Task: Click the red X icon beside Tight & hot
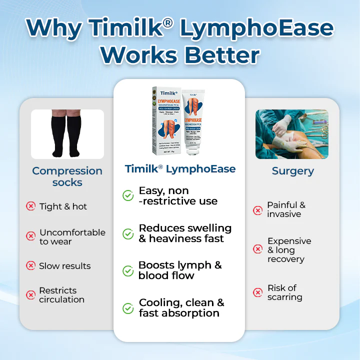(31, 206)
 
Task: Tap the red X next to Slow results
(31, 266)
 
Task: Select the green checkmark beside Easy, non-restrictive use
(128, 195)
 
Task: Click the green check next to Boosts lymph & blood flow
(128, 270)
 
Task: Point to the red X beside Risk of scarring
(258, 292)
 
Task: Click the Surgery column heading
(292, 171)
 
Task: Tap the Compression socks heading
(67, 176)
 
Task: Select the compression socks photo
(67, 134)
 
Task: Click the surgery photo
(292, 134)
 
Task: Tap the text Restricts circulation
(61, 295)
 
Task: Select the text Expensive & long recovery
(289, 250)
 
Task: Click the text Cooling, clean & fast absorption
(181, 308)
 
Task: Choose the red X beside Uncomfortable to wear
(31, 236)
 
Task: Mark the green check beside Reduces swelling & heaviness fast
(128, 233)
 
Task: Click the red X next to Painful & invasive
(258, 210)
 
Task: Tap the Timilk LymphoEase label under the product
(180, 169)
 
